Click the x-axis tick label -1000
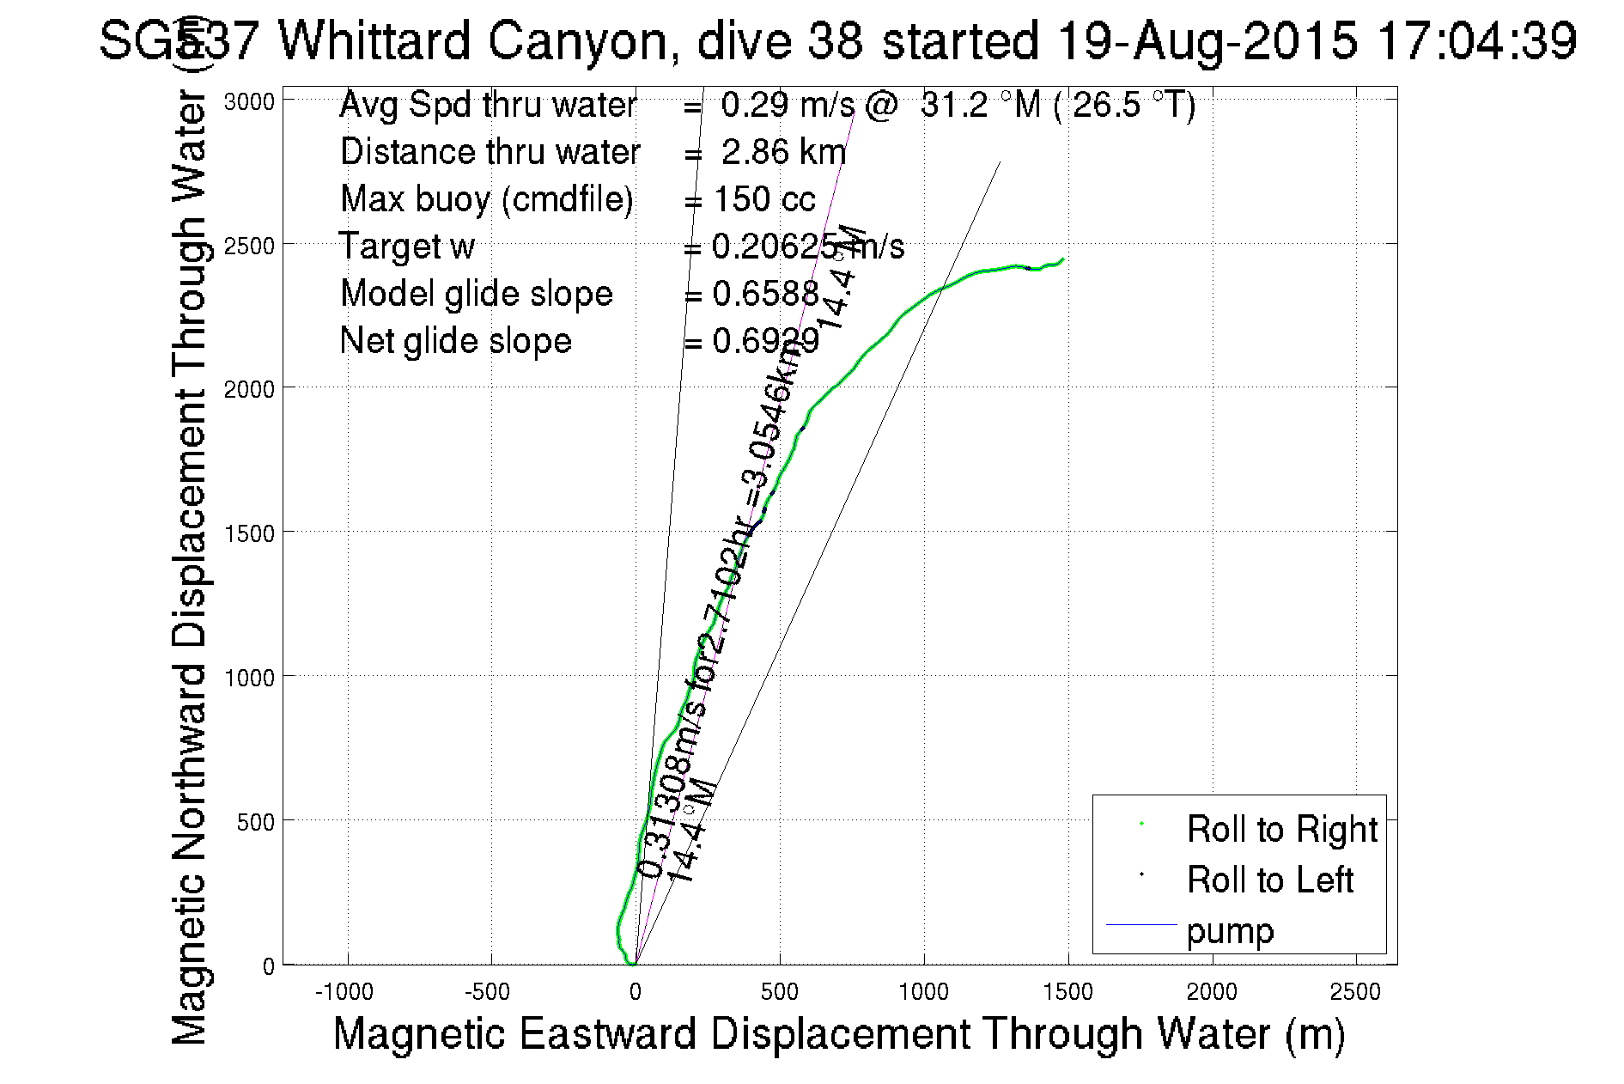click(344, 992)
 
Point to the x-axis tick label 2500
click(1355, 992)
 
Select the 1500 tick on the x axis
click(1067, 992)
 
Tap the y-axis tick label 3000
click(249, 102)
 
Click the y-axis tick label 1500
click(249, 533)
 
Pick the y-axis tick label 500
click(255, 822)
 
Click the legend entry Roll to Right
click(1281, 829)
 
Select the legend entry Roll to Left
click(1269, 880)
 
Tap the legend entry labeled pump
click(1230, 931)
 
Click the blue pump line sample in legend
click(1140, 925)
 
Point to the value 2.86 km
click(783, 152)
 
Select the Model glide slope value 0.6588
click(765, 294)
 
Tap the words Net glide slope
click(455, 341)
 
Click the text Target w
click(406, 247)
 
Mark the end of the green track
click(1063, 259)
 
